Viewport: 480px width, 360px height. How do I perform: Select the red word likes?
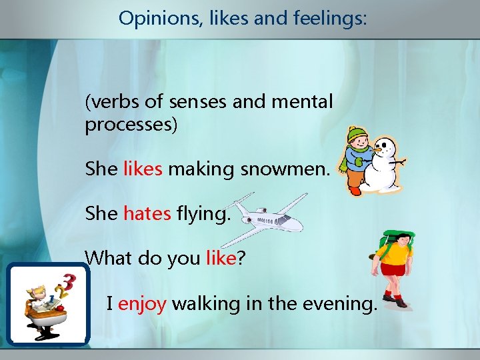click(143, 169)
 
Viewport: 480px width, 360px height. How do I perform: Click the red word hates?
click(147, 214)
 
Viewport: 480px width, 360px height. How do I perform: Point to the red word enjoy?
click(142, 304)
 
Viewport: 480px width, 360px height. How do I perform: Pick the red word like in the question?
click(221, 258)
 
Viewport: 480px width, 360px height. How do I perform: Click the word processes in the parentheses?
click(131, 125)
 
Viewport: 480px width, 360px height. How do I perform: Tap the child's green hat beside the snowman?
click(358, 134)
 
